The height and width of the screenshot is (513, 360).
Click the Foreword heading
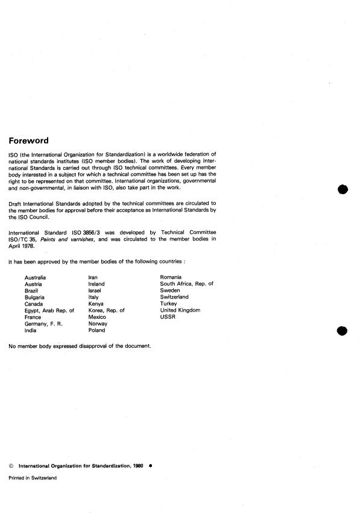pyautogui.click(x=28, y=141)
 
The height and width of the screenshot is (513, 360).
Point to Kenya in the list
pyautogui.click(x=96, y=304)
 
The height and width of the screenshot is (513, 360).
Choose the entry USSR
pyautogui.click(x=168, y=317)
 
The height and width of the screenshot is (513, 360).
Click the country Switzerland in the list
pyautogui.click(x=174, y=297)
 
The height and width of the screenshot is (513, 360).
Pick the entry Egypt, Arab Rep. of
pyautogui.click(x=49, y=310)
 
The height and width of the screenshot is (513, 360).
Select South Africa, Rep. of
pyautogui.click(x=187, y=284)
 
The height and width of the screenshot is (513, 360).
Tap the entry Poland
pyautogui.click(x=97, y=330)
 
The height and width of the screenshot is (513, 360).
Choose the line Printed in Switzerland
pyautogui.click(x=33, y=477)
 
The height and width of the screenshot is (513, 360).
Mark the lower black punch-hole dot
pyautogui.click(x=343, y=330)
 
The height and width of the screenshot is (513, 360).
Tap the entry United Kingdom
pyautogui.click(x=180, y=310)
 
